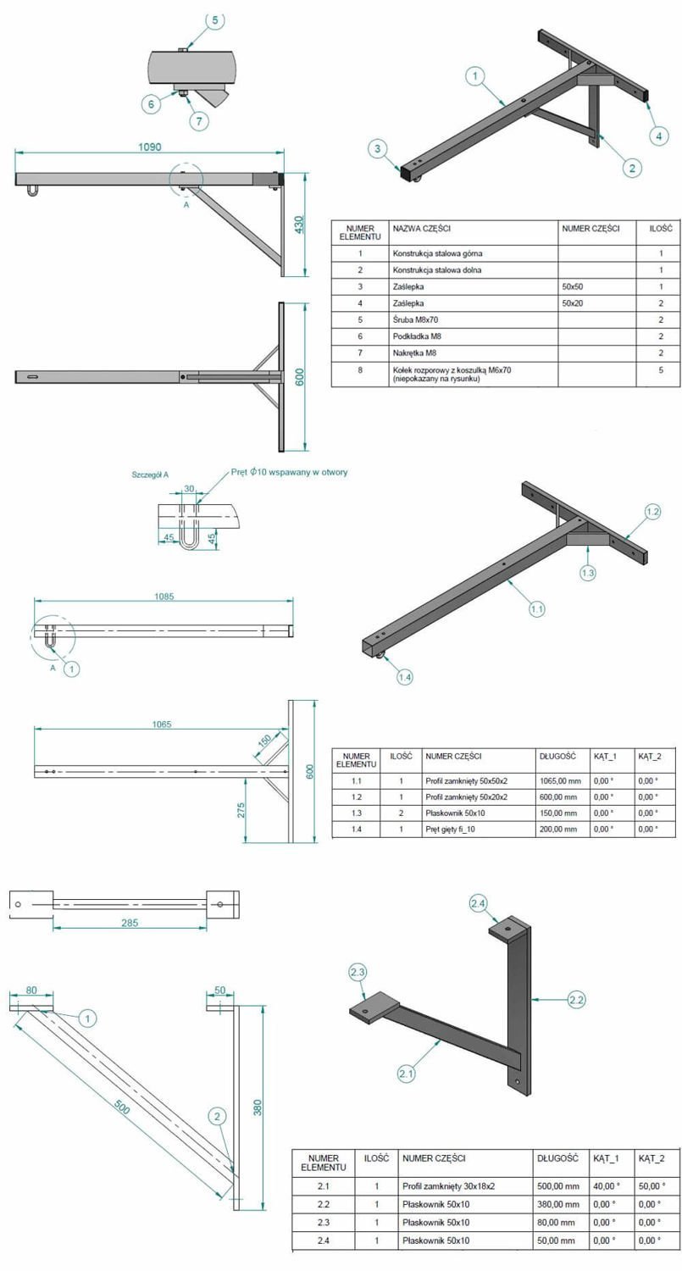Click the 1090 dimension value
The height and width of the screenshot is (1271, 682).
coord(150,147)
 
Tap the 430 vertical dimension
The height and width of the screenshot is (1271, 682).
coord(299,225)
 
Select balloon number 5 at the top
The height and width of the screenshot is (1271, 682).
coord(215,19)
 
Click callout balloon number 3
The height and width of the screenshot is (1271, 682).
coord(379,149)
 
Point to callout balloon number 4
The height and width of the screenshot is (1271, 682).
coord(661,135)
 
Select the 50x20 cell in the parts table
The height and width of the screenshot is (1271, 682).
coord(573,303)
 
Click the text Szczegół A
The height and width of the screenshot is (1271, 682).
coord(150,475)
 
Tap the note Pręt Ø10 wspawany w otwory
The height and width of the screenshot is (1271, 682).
coord(289,472)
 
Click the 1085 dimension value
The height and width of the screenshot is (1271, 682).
coord(164,597)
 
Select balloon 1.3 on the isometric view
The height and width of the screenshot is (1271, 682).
coord(588,573)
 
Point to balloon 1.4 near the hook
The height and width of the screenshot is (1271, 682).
coord(405,676)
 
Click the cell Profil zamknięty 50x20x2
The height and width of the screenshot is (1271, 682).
coord(467,797)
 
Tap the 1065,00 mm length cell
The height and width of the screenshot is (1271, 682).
coord(559,781)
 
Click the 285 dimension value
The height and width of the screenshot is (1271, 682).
coord(130,923)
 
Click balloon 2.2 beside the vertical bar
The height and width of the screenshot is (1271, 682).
coord(576,1000)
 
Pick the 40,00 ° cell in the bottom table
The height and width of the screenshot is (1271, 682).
coord(606,1186)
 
